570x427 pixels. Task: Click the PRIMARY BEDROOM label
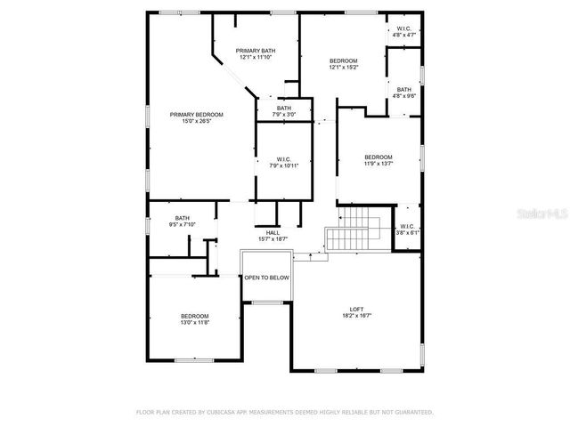pos(196,115)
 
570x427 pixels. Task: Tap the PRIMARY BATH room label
pos(255,51)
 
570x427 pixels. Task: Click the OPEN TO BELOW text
pos(267,278)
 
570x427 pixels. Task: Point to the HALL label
pos(273,233)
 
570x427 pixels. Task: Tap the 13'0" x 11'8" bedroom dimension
pos(195,322)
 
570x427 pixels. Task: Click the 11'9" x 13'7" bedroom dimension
pos(378,163)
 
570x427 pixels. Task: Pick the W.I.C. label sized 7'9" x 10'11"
pos(284,159)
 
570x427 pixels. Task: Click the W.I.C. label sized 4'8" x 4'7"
pos(403,28)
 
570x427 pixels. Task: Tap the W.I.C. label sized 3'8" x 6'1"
pos(407,226)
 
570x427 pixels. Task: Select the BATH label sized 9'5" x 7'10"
pos(182,218)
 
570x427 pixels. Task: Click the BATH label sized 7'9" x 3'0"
pos(283,109)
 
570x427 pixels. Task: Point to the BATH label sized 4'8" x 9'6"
pos(404,90)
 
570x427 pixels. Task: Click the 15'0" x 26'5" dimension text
pos(196,122)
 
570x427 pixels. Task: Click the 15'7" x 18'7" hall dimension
pos(273,239)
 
